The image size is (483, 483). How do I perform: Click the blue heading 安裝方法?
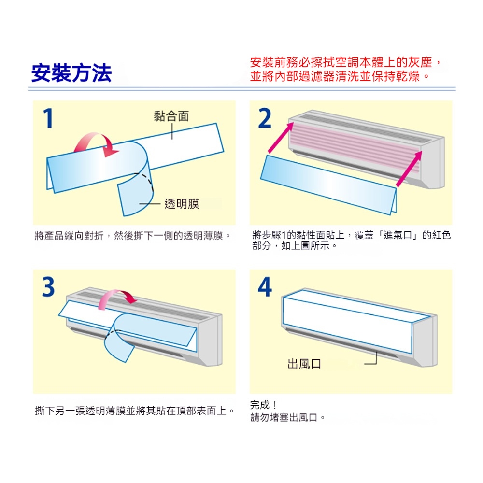(71, 73)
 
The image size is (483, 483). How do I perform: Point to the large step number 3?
(48, 287)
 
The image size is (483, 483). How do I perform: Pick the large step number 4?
(265, 287)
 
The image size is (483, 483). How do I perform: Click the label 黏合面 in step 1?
(171, 116)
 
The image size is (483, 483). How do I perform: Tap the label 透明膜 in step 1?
(182, 204)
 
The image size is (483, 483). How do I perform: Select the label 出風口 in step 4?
(304, 364)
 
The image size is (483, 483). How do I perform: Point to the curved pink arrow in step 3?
(115, 292)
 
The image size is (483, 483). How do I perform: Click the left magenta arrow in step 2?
(281, 137)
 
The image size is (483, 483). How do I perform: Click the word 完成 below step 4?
(260, 405)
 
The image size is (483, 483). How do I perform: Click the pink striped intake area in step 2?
(354, 147)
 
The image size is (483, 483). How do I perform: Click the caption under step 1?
(133, 236)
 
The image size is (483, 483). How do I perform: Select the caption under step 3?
(135, 411)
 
